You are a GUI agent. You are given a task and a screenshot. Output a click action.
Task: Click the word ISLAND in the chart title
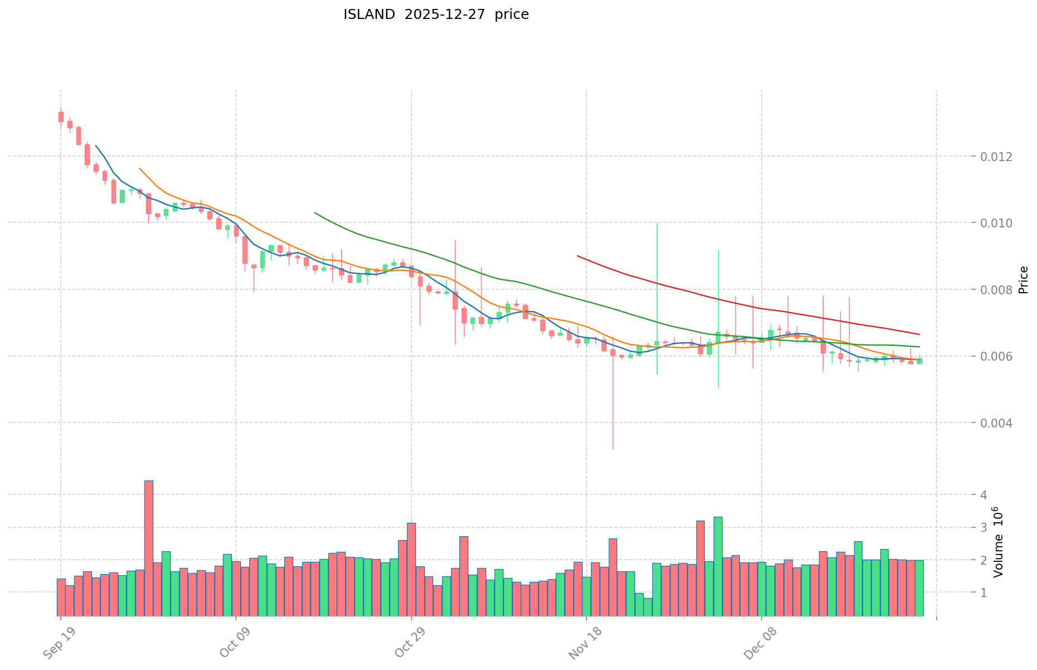(x=369, y=14)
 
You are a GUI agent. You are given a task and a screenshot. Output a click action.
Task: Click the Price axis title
(x=1023, y=280)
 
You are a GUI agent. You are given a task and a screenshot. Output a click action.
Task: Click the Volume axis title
(x=998, y=542)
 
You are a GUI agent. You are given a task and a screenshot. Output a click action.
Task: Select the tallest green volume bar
(x=718, y=566)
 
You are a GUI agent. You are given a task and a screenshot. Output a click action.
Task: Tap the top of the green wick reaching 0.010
(x=657, y=224)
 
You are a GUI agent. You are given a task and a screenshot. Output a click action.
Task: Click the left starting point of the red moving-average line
(x=578, y=256)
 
